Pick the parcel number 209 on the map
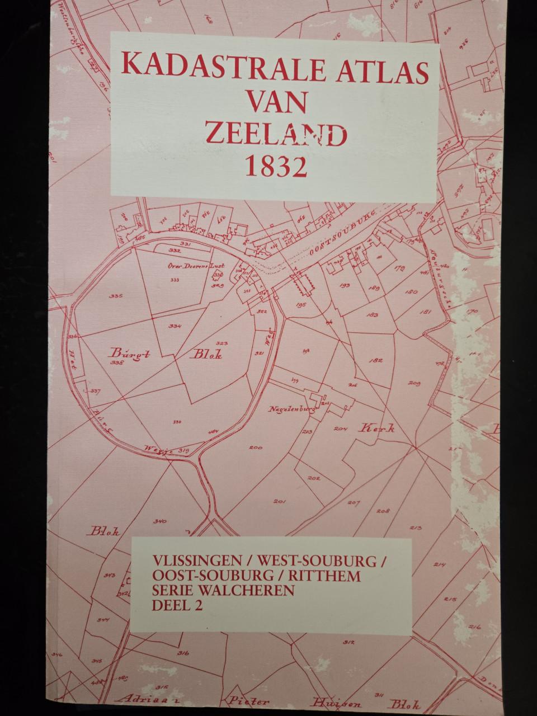[x=414, y=383]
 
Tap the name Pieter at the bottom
[x=244, y=700]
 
